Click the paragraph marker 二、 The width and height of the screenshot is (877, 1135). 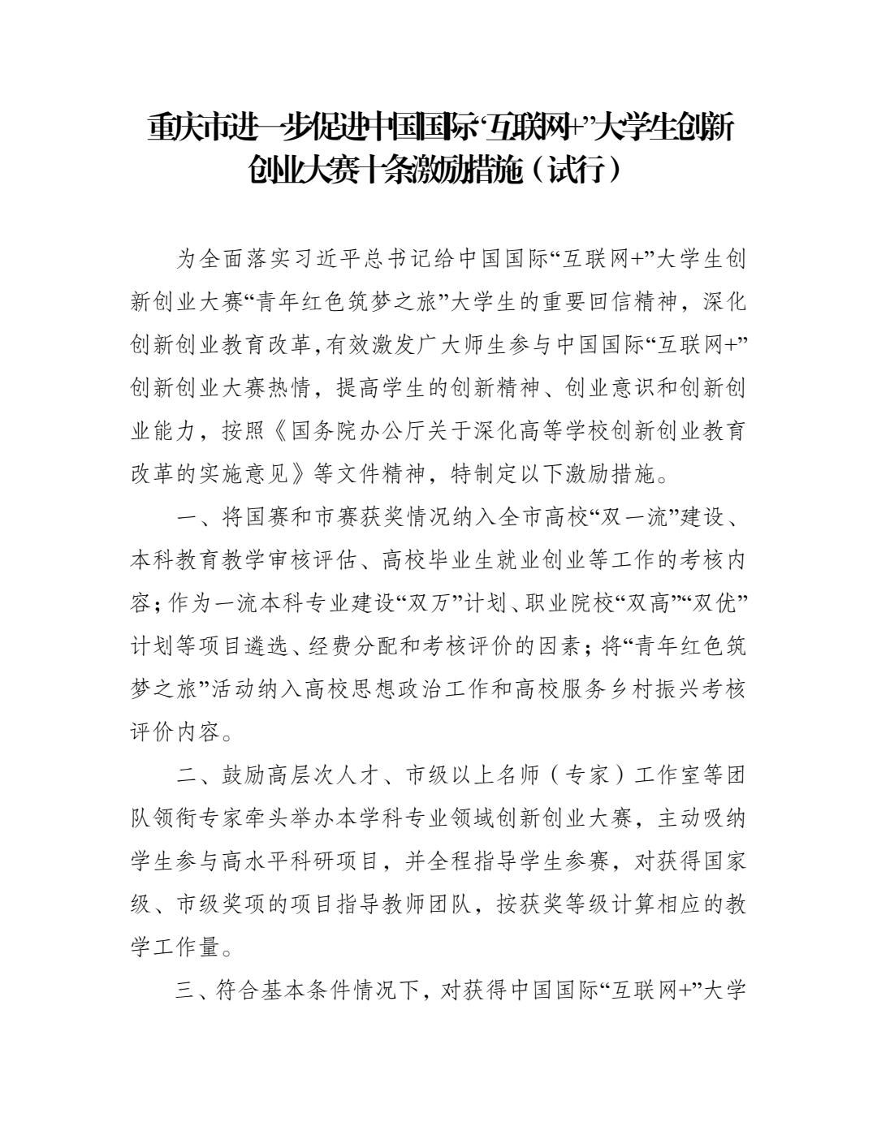194,775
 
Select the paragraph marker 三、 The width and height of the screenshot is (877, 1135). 194,990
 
